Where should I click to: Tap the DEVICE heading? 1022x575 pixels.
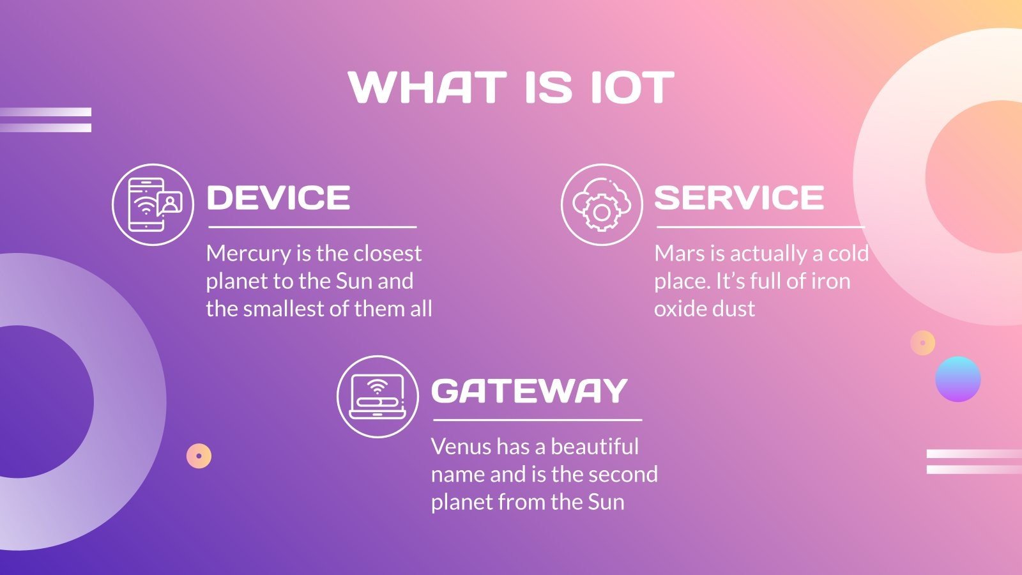[278, 198]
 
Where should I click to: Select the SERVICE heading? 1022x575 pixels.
[739, 198]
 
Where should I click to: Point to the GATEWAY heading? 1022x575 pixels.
[530, 391]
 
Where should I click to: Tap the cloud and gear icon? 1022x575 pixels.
[602, 204]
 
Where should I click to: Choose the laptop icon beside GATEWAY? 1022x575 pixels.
[378, 397]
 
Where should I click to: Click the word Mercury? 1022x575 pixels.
[248, 254]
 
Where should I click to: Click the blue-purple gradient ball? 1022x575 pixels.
[957, 379]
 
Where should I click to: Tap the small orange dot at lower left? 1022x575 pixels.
[199, 456]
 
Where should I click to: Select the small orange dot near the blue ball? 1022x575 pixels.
[922, 343]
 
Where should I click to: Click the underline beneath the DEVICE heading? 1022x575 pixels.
[312, 227]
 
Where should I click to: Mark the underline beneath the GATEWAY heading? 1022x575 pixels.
[537, 420]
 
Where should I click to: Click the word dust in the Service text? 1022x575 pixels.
[735, 309]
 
